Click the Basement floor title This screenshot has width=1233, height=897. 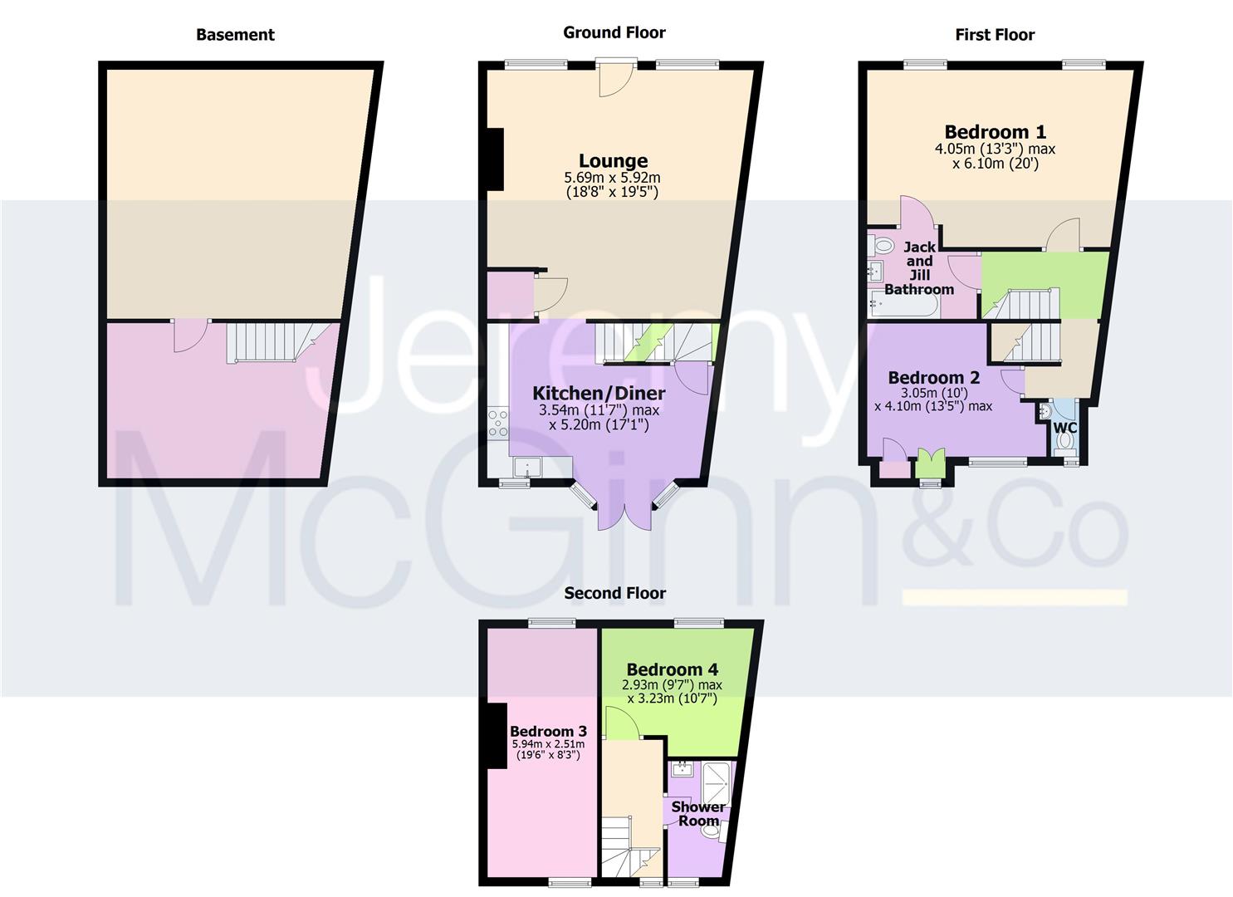235,34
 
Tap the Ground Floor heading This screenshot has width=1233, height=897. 614,32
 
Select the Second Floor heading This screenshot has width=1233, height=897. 614,593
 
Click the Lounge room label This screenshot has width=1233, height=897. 613,161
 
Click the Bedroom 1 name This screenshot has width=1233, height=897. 995,132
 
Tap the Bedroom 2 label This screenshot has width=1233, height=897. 933,378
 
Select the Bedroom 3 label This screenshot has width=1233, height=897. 548,731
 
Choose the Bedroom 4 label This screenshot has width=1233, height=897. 672,669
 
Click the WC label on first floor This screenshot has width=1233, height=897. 1064,428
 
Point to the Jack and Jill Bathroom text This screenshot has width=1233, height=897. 918,268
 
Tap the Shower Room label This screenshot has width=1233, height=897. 698,813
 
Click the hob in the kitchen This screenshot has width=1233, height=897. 498,423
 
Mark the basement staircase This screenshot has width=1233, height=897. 266,341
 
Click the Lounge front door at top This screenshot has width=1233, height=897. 616,77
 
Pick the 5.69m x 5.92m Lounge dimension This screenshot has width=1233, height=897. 612,178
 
